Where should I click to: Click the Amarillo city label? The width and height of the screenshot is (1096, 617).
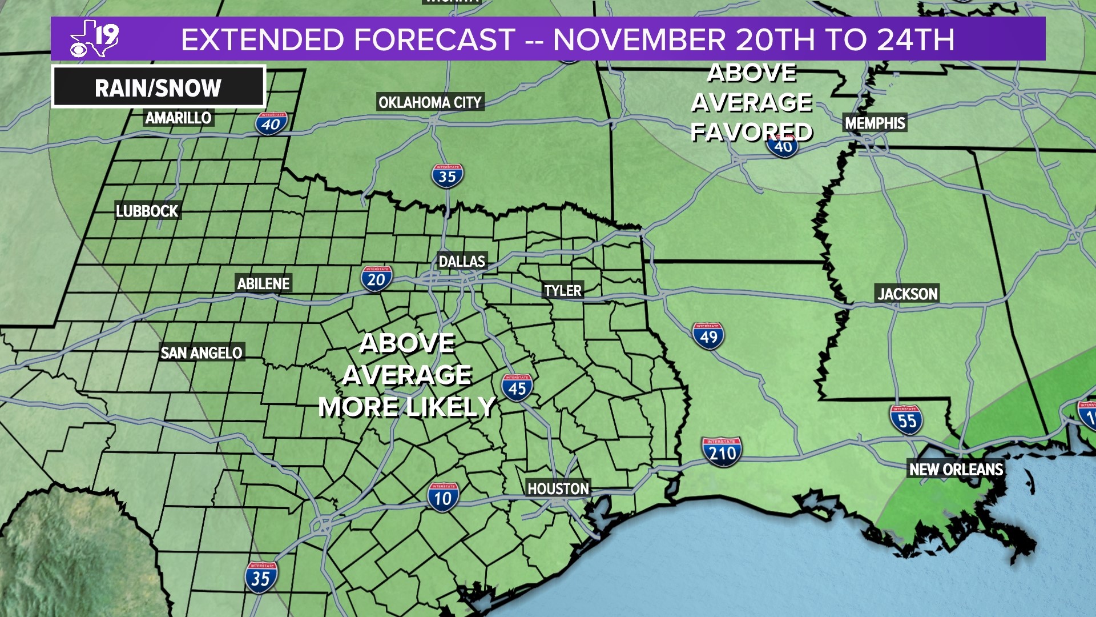(x=178, y=118)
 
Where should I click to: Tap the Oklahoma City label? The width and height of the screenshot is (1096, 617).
(x=430, y=102)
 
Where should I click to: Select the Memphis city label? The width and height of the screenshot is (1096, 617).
(x=875, y=123)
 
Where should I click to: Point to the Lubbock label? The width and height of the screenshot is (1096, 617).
(x=147, y=211)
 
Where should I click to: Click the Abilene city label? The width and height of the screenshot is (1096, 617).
(x=263, y=283)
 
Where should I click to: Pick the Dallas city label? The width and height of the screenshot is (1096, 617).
(x=461, y=261)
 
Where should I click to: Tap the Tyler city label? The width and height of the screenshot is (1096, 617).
(x=562, y=290)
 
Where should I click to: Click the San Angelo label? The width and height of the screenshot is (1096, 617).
(x=201, y=352)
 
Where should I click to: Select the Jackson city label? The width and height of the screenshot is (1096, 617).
(x=907, y=294)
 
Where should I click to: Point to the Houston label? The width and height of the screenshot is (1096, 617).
(x=558, y=488)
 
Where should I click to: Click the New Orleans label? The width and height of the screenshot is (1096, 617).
(x=956, y=469)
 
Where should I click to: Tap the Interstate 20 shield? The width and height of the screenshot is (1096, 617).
(x=376, y=279)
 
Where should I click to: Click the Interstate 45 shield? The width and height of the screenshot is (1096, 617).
(x=517, y=388)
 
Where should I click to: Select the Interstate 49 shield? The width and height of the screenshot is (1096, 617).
(x=708, y=336)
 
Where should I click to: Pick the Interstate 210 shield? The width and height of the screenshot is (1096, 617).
(x=722, y=452)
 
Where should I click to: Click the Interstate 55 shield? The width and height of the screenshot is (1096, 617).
(x=906, y=420)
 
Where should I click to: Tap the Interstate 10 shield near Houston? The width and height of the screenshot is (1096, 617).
(x=443, y=497)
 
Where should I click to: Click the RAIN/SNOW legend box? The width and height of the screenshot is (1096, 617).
(x=158, y=87)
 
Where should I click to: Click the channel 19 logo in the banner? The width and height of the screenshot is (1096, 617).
(x=95, y=38)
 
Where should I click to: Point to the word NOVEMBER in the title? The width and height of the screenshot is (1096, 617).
(x=639, y=39)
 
